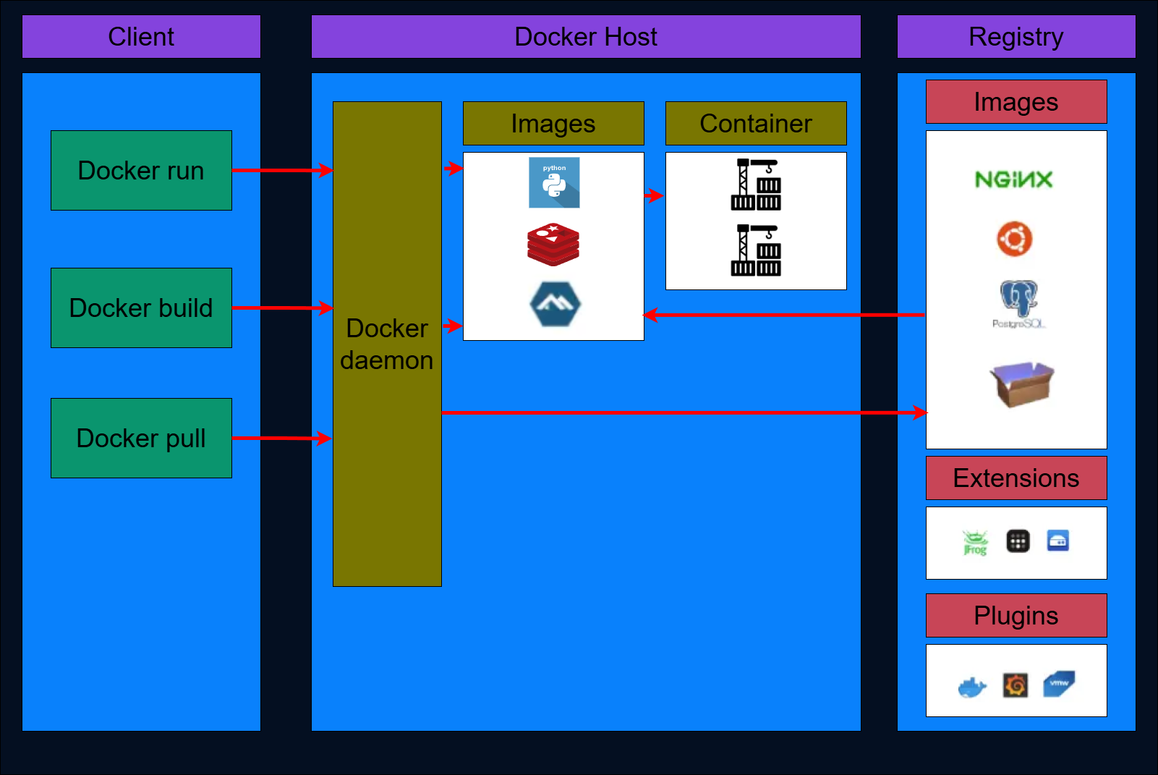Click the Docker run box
click(x=141, y=171)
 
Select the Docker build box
click(x=141, y=308)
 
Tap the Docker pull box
click(x=141, y=439)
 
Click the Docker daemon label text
click(x=387, y=344)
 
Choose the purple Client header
click(x=141, y=37)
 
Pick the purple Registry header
click(x=1016, y=37)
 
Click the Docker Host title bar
click(x=586, y=37)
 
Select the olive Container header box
click(x=756, y=124)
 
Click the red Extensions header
click(x=1016, y=478)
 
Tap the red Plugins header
click(x=1016, y=616)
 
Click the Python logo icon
click(x=554, y=183)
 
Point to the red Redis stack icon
click(x=553, y=245)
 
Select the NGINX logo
click(x=1013, y=179)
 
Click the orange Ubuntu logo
click(x=1015, y=239)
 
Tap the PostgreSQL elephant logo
click(x=1018, y=300)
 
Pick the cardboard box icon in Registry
click(x=1021, y=384)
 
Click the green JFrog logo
click(x=975, y=542)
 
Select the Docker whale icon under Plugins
click(x=972, y=687)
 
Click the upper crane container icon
click(x=756, y=185)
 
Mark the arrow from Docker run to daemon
click(x=282, y=171)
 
